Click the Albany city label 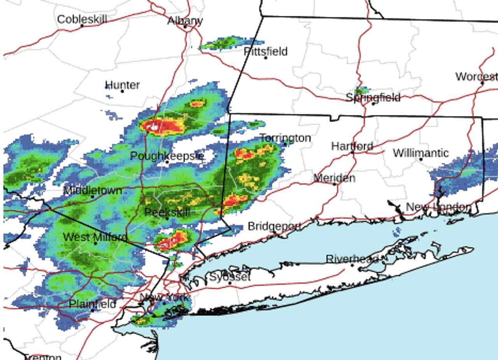(x=185, y=21)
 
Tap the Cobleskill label (x=82, y=19)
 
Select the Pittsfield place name (x=266, y=51)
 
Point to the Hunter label (x=123, y=85)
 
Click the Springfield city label (x=373, y=97)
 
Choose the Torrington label (x=285, y=138)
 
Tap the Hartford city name (x=352, y=146)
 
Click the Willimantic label (x=421, y=153)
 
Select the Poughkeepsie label (x=167, y=156)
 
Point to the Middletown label (x=93, y=191)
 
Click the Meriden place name (x=334, y=178)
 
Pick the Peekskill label (x=167, y=212)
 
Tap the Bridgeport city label (x=274, y=226)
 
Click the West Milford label (x=95, y=237)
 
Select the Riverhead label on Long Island (x=352, y=259)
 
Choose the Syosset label (x=230, y=277)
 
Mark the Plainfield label (x=92, y=304)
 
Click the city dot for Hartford (x=352, y=152)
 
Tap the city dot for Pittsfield (x=266, y=58)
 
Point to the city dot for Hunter (x=123, y=91)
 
